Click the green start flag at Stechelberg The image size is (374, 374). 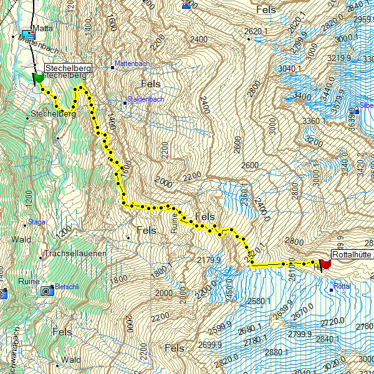click(37, 78)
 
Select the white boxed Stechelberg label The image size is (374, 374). click(67, 67)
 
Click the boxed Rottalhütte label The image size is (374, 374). click(352, 254)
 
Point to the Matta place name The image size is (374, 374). click(43, 28)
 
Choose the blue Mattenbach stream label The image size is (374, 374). click(132, 65)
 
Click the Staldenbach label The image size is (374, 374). click(145, 99)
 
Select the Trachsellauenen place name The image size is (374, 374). click(76, 254)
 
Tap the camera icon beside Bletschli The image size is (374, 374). click(47, 290)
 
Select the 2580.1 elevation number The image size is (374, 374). click(259, 302)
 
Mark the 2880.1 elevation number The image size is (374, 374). click(277, 352)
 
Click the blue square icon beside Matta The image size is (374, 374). click(26, 33)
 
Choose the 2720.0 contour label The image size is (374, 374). click(333, 322)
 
